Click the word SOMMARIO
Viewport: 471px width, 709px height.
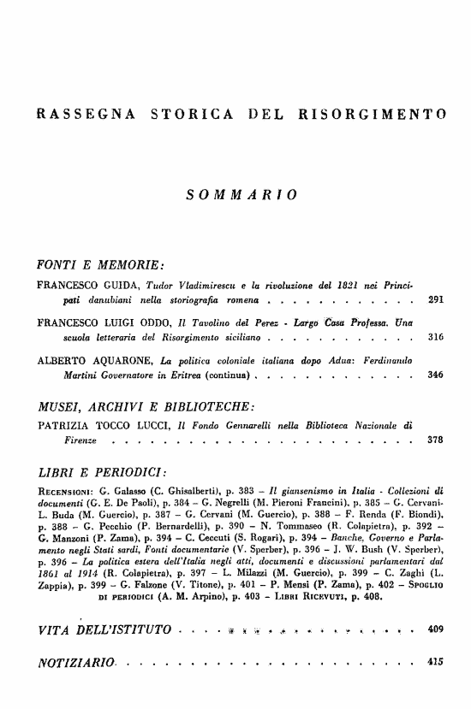241,195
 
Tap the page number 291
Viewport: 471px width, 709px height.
434,301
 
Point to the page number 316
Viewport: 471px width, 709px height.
434,339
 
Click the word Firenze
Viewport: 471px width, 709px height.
75,440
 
